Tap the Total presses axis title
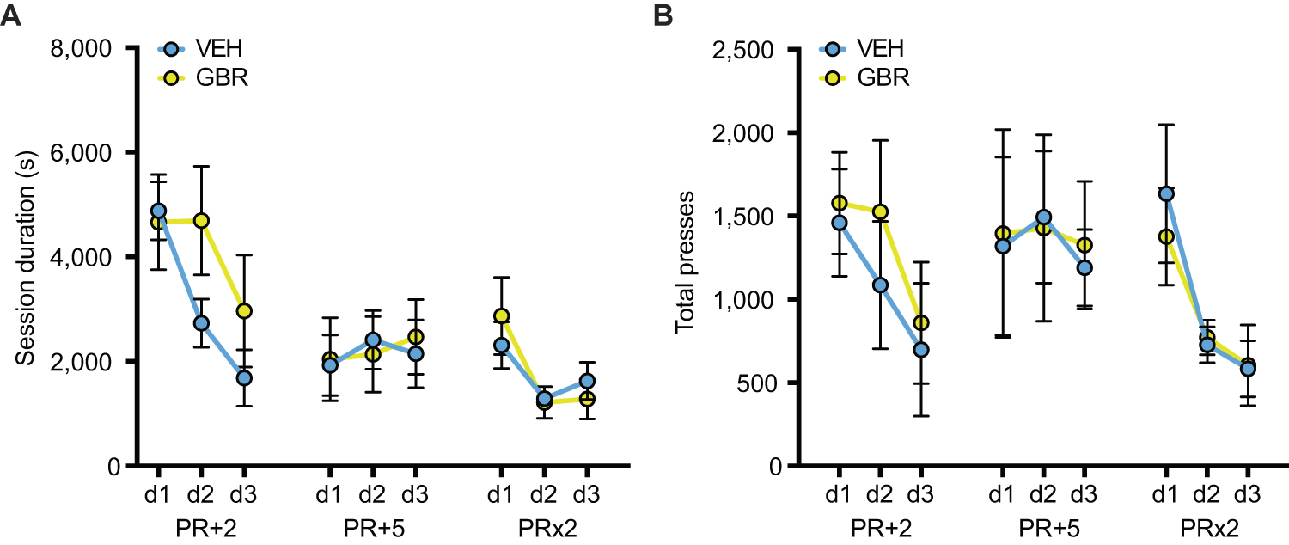686,258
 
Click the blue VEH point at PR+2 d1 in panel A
158,211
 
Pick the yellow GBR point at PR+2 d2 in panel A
201,221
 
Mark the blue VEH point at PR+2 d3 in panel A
244,377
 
